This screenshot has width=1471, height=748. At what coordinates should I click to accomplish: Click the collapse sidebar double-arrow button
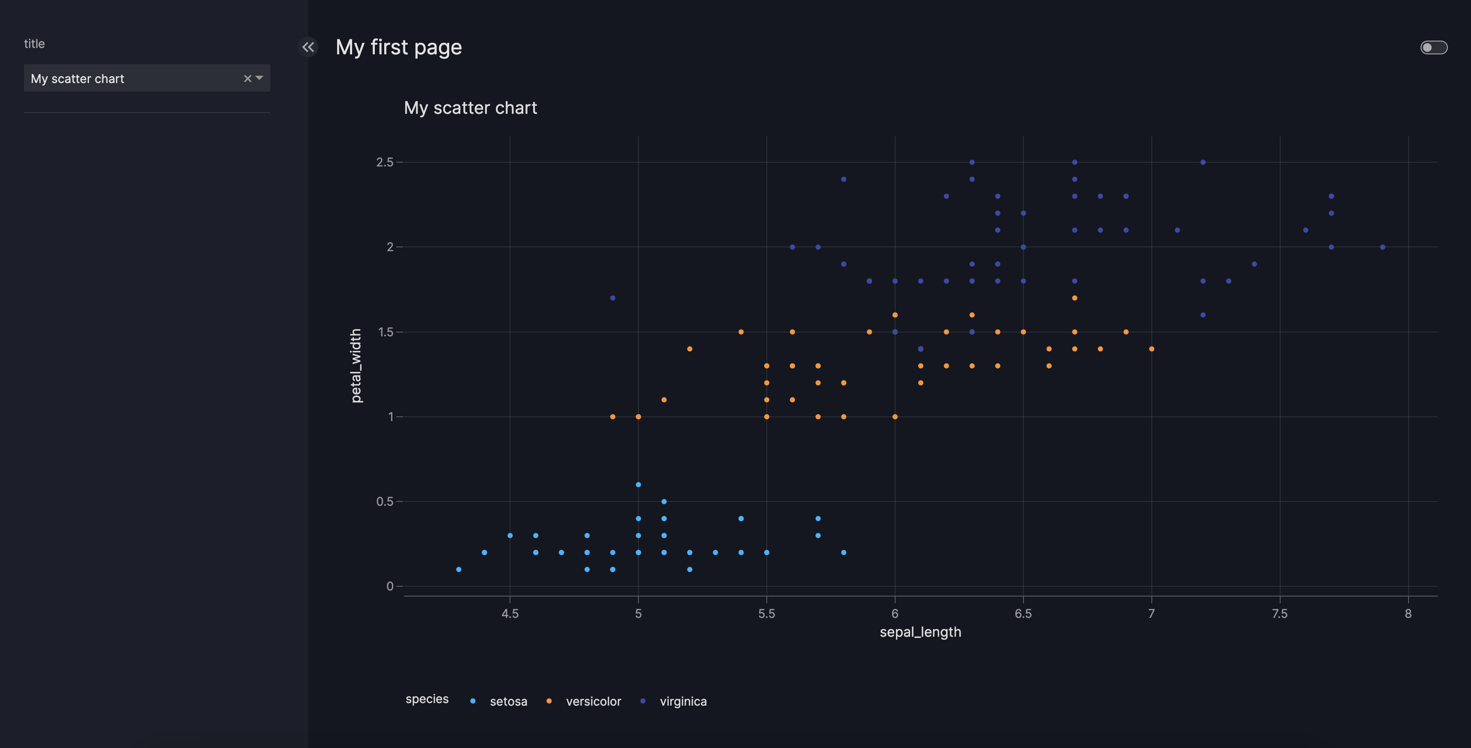[308, 47]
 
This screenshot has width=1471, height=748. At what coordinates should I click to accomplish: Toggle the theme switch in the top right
[1433, 47]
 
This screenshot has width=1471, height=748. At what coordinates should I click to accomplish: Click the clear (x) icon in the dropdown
[247, 79]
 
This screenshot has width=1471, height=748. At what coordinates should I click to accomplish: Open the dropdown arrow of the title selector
[260, 78]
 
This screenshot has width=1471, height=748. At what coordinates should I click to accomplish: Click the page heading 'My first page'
[399, 47]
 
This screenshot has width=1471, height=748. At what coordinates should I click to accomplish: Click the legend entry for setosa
[507, 701]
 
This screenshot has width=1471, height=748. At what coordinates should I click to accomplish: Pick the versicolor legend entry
[593, 701]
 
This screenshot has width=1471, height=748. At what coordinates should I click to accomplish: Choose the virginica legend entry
[682, 701]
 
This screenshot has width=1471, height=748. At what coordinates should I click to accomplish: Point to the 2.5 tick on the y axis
[385, 162]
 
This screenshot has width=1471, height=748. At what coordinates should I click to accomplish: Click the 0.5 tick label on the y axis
[385, 502]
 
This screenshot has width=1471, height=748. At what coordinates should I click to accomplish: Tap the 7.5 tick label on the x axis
[1280, 614]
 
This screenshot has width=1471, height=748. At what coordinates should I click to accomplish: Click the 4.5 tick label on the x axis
[510, 614]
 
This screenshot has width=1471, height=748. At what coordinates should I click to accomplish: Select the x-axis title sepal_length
[920, 632]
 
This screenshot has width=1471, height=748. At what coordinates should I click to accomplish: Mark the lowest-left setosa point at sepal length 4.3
[459, 569]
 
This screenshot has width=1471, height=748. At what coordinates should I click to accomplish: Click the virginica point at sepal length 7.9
[1382, 247]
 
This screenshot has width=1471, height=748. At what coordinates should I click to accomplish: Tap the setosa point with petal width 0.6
[638, 485]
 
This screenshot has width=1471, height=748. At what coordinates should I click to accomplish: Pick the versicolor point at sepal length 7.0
[1151, 349]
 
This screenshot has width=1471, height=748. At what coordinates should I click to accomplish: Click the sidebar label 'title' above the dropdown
[34, 44]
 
